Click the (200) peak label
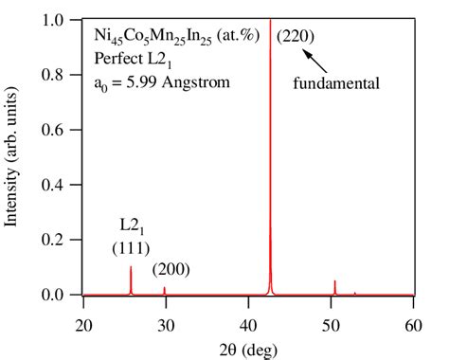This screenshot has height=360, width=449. [171, 269]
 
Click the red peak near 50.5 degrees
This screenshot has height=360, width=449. [334, 287]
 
